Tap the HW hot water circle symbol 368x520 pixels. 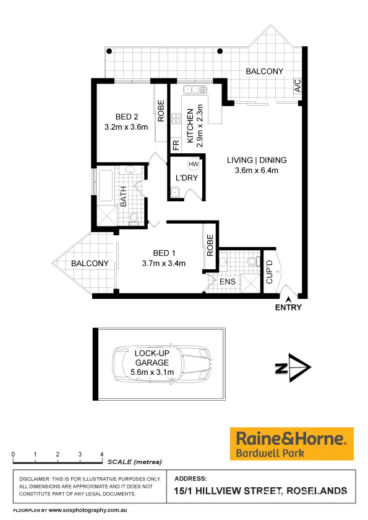[x=194, y=164]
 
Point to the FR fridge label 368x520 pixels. [x=176, y=146]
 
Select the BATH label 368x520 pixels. [x=124, y=197]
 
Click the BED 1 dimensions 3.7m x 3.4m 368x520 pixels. [x=164, y=264]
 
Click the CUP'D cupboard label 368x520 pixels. [x=270, y=272]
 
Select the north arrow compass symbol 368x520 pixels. [x=294, y=369]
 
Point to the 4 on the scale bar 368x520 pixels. [x=102, y=454]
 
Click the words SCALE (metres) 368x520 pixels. [x=134, y=462]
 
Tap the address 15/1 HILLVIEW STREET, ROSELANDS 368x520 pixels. [x=260, y=492]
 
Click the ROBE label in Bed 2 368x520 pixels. [x=161, y=112]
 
